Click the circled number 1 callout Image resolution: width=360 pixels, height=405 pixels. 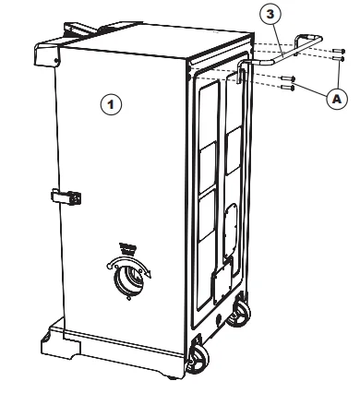click(x=111, y=104)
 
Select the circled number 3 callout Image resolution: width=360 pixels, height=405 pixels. click(x=270, y=15)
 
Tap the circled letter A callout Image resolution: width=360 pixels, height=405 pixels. click(x=337, y=99)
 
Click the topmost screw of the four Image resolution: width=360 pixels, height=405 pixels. click(x=339, y=51)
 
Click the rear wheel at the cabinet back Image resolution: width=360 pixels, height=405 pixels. click(x=238, y=313)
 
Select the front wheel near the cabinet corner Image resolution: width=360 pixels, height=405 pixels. click(x=198, y=359)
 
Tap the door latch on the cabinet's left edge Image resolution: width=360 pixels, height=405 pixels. click(x=66, y=197)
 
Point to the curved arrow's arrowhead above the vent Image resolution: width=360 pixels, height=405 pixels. click(x=148, y=273)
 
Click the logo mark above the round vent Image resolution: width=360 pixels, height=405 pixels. click(x=127, y=249)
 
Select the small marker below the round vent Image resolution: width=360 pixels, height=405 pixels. click(x=129, y=298)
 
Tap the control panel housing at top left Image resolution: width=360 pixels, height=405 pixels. click(x=47, y=54)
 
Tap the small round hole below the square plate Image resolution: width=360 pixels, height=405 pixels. click(x=219, y=319)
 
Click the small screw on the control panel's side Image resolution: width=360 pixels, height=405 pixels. click(x=56, y=61)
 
